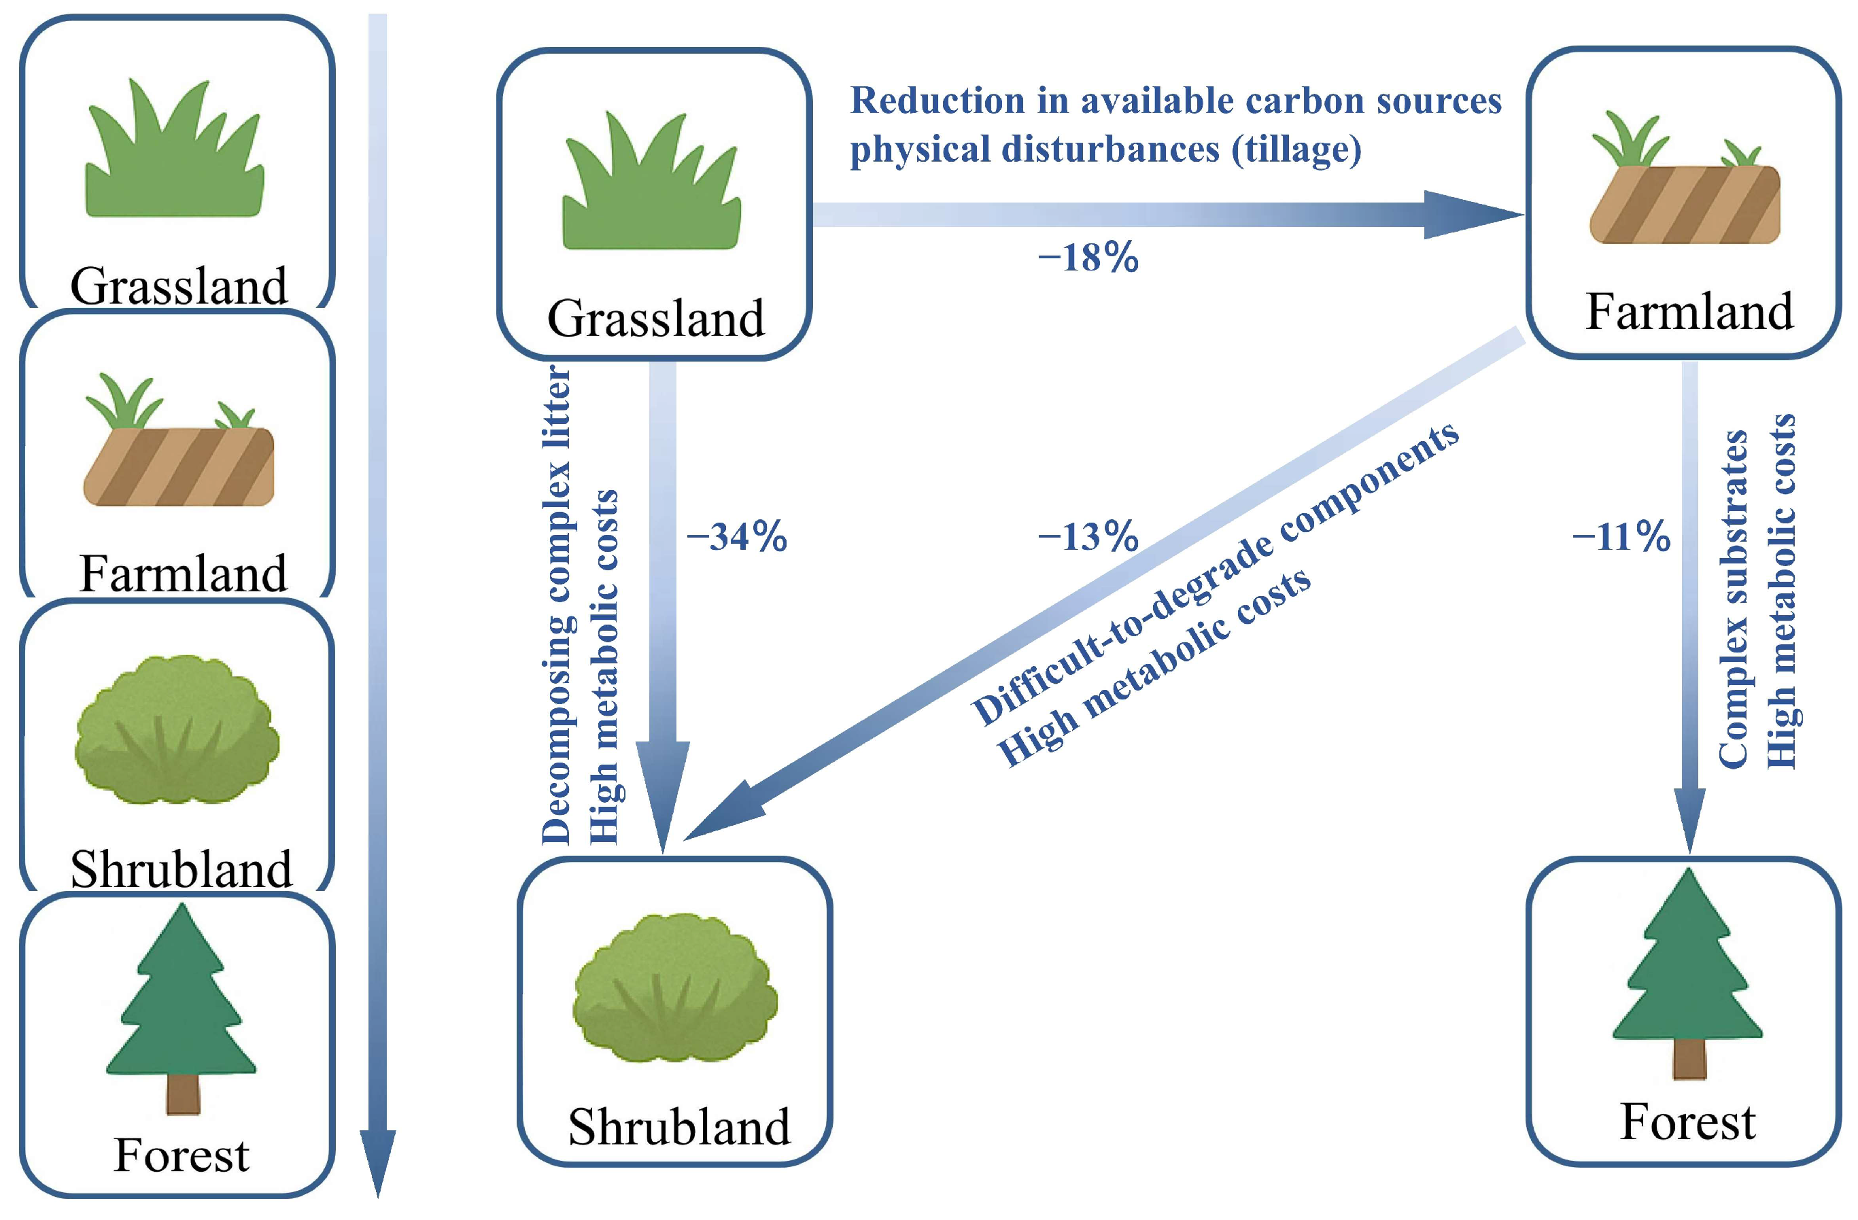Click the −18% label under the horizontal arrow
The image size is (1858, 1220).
[1088, 258]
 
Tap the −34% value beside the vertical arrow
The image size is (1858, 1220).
[736, 538]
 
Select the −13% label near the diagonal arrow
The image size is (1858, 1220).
[1088, 537]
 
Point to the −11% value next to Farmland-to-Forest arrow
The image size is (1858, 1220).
[1621, 538]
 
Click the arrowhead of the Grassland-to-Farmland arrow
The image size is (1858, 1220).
[1468, 215]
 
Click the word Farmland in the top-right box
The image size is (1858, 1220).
[1689, 312]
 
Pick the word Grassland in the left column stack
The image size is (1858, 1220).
[179, 286]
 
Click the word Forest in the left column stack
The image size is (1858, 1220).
[181, 1156]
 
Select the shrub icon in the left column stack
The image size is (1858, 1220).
[177, 730]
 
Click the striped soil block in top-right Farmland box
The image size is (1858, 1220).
[1685, 205]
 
